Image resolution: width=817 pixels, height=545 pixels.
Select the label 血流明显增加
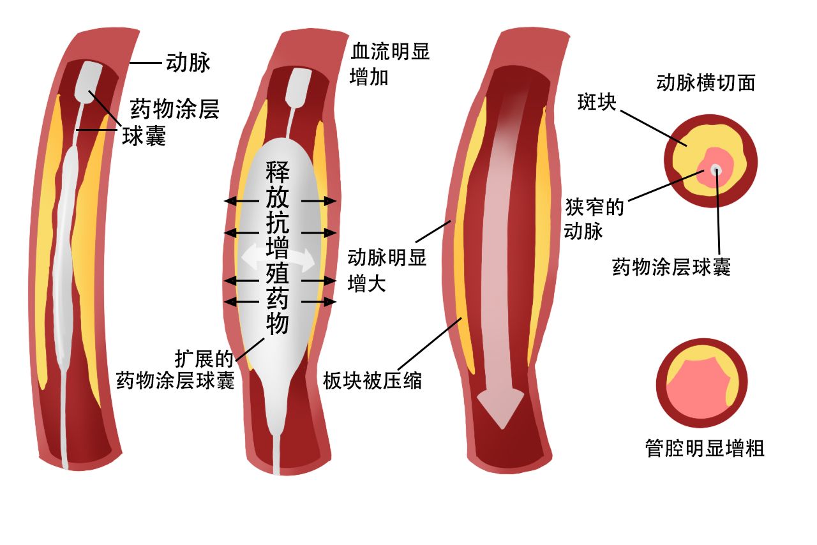point(390,64)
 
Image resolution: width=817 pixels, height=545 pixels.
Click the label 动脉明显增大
point(387,270)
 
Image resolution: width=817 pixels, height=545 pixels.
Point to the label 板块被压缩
point(372,380)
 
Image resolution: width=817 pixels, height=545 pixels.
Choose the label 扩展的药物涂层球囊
point(176,370)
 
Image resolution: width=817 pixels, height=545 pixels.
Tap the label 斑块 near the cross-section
point(597,102)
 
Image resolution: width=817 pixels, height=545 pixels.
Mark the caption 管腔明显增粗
point(704,448)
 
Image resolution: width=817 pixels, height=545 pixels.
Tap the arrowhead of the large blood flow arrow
point(502,408)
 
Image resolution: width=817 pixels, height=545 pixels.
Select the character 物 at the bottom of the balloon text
point(278,324)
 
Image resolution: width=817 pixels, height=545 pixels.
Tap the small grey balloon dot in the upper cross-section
point(716,169)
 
